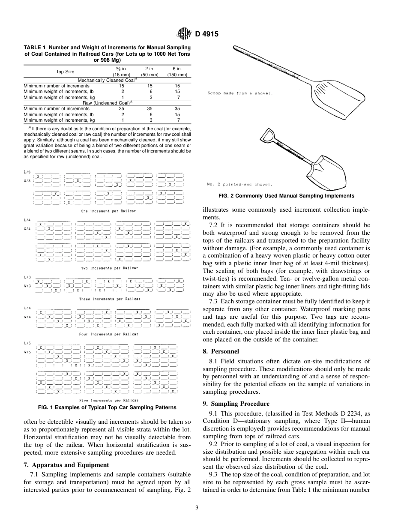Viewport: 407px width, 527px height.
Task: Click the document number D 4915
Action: (x=207, y=34)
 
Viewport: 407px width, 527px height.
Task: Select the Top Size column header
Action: (x=65, y=72)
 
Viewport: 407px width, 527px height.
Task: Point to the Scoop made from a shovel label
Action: (x=240, y=93)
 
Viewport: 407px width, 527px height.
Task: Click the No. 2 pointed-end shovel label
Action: (x=239, y=185)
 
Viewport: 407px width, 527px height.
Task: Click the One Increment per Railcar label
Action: (x=108, y=211)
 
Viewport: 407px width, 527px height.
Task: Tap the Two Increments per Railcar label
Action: (x=110, y=268)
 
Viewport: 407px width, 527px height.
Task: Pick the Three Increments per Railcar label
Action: (x=109, y=299)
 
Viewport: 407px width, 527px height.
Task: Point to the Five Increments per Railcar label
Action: (x=108, y=400)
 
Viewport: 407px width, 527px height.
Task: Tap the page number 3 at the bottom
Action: (x=197, y=508)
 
